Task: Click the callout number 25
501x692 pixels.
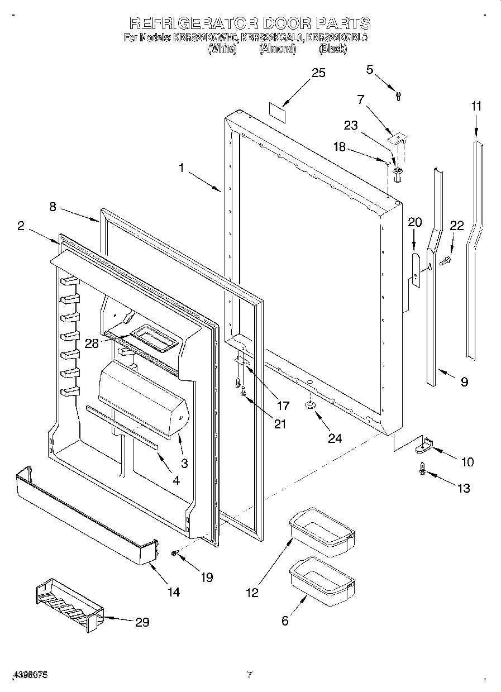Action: [318, 73]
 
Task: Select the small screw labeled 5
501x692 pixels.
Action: [398, 97]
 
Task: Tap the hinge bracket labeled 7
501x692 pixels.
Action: [397, 139]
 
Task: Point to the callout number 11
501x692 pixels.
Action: [475, 106]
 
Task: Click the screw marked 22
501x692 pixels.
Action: [445, 260]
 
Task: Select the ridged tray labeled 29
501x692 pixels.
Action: [68, 607]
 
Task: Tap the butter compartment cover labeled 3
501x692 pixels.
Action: [142, 399]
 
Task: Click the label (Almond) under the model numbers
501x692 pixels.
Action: [277, 49]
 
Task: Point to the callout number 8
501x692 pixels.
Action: [53, 207]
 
